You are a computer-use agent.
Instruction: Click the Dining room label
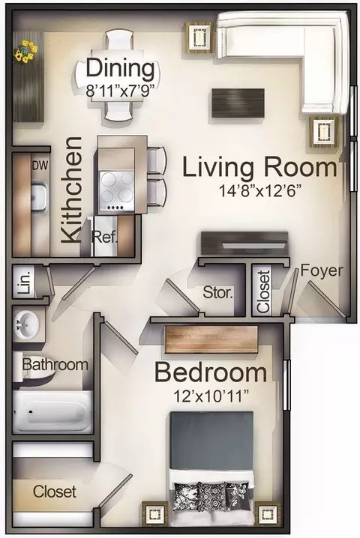[x=120, y=68]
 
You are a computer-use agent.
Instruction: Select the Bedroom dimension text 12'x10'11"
[x=211, y=396]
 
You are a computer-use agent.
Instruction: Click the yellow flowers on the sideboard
[x=25, y=52]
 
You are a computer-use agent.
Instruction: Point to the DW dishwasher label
[x=40, y=166]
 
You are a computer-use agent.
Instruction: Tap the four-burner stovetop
[x=117, y=191]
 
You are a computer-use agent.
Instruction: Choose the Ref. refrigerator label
[x=105, y=237]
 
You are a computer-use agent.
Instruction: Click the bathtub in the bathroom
[x=53, y=412]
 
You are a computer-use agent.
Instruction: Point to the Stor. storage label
[x=217, y=293]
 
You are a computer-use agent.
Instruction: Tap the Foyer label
[x=322, y=270]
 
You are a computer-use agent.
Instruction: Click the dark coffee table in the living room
[x=238, y=103]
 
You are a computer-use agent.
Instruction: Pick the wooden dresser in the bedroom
[x=211, y=339]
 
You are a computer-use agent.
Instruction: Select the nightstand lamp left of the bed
[x=154, y=514]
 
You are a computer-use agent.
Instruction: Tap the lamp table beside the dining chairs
[x=199, y=37]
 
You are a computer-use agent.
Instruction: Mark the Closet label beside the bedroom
[x=55, y=492]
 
